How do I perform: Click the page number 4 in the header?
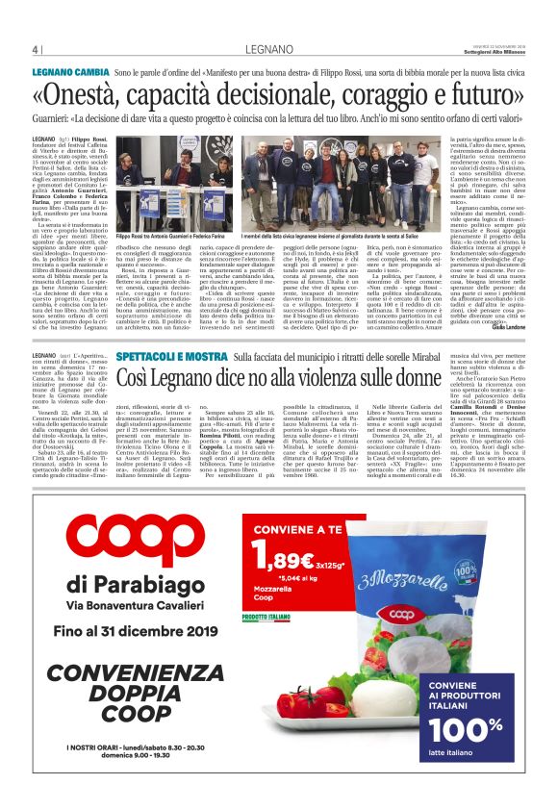[35, 49]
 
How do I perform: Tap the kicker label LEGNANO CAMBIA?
[71, 73]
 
